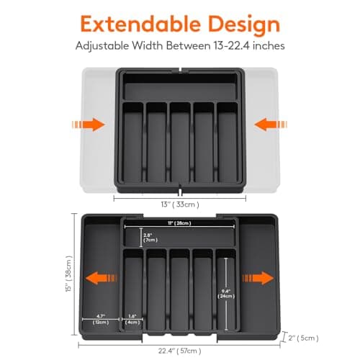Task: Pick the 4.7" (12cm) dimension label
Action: [101, 319]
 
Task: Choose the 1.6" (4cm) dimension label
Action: [131, 319]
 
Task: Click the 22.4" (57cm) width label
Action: [179, 351]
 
